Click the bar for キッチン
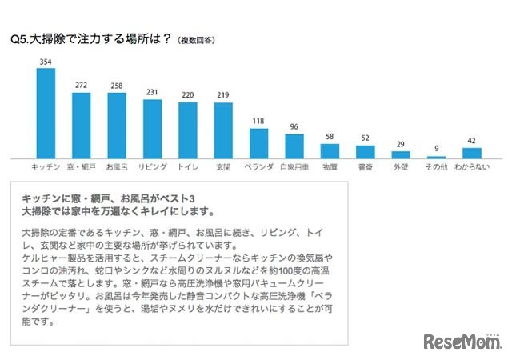[x=46, y=113]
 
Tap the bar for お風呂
[x=117, y=126]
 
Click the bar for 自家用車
[x=294, y=146]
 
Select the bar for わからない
[x=471, y=153]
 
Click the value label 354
[x=46, y=62]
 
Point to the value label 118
[x=258, y=122]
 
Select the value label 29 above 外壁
[x=400, y=146]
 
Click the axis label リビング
[x=153, y=168]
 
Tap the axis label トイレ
[x=187, y=168]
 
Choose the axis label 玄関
[x=223, y=168]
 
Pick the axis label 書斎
[x=365, y=168]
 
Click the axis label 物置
[x=330, y=168]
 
